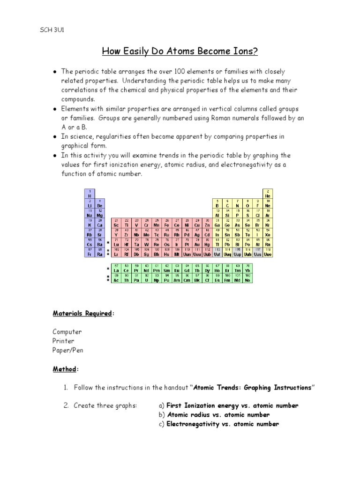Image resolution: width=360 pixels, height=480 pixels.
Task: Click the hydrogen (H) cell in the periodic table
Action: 89,194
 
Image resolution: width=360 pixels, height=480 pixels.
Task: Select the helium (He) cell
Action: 268,194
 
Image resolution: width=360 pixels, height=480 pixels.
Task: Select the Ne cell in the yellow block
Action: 268,203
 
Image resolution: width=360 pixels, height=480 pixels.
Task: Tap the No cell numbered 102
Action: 247,278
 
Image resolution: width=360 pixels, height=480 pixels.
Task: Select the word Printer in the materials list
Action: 63,341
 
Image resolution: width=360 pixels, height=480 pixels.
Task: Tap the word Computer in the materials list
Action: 67,331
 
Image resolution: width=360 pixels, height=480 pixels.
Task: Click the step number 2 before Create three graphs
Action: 66,405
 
